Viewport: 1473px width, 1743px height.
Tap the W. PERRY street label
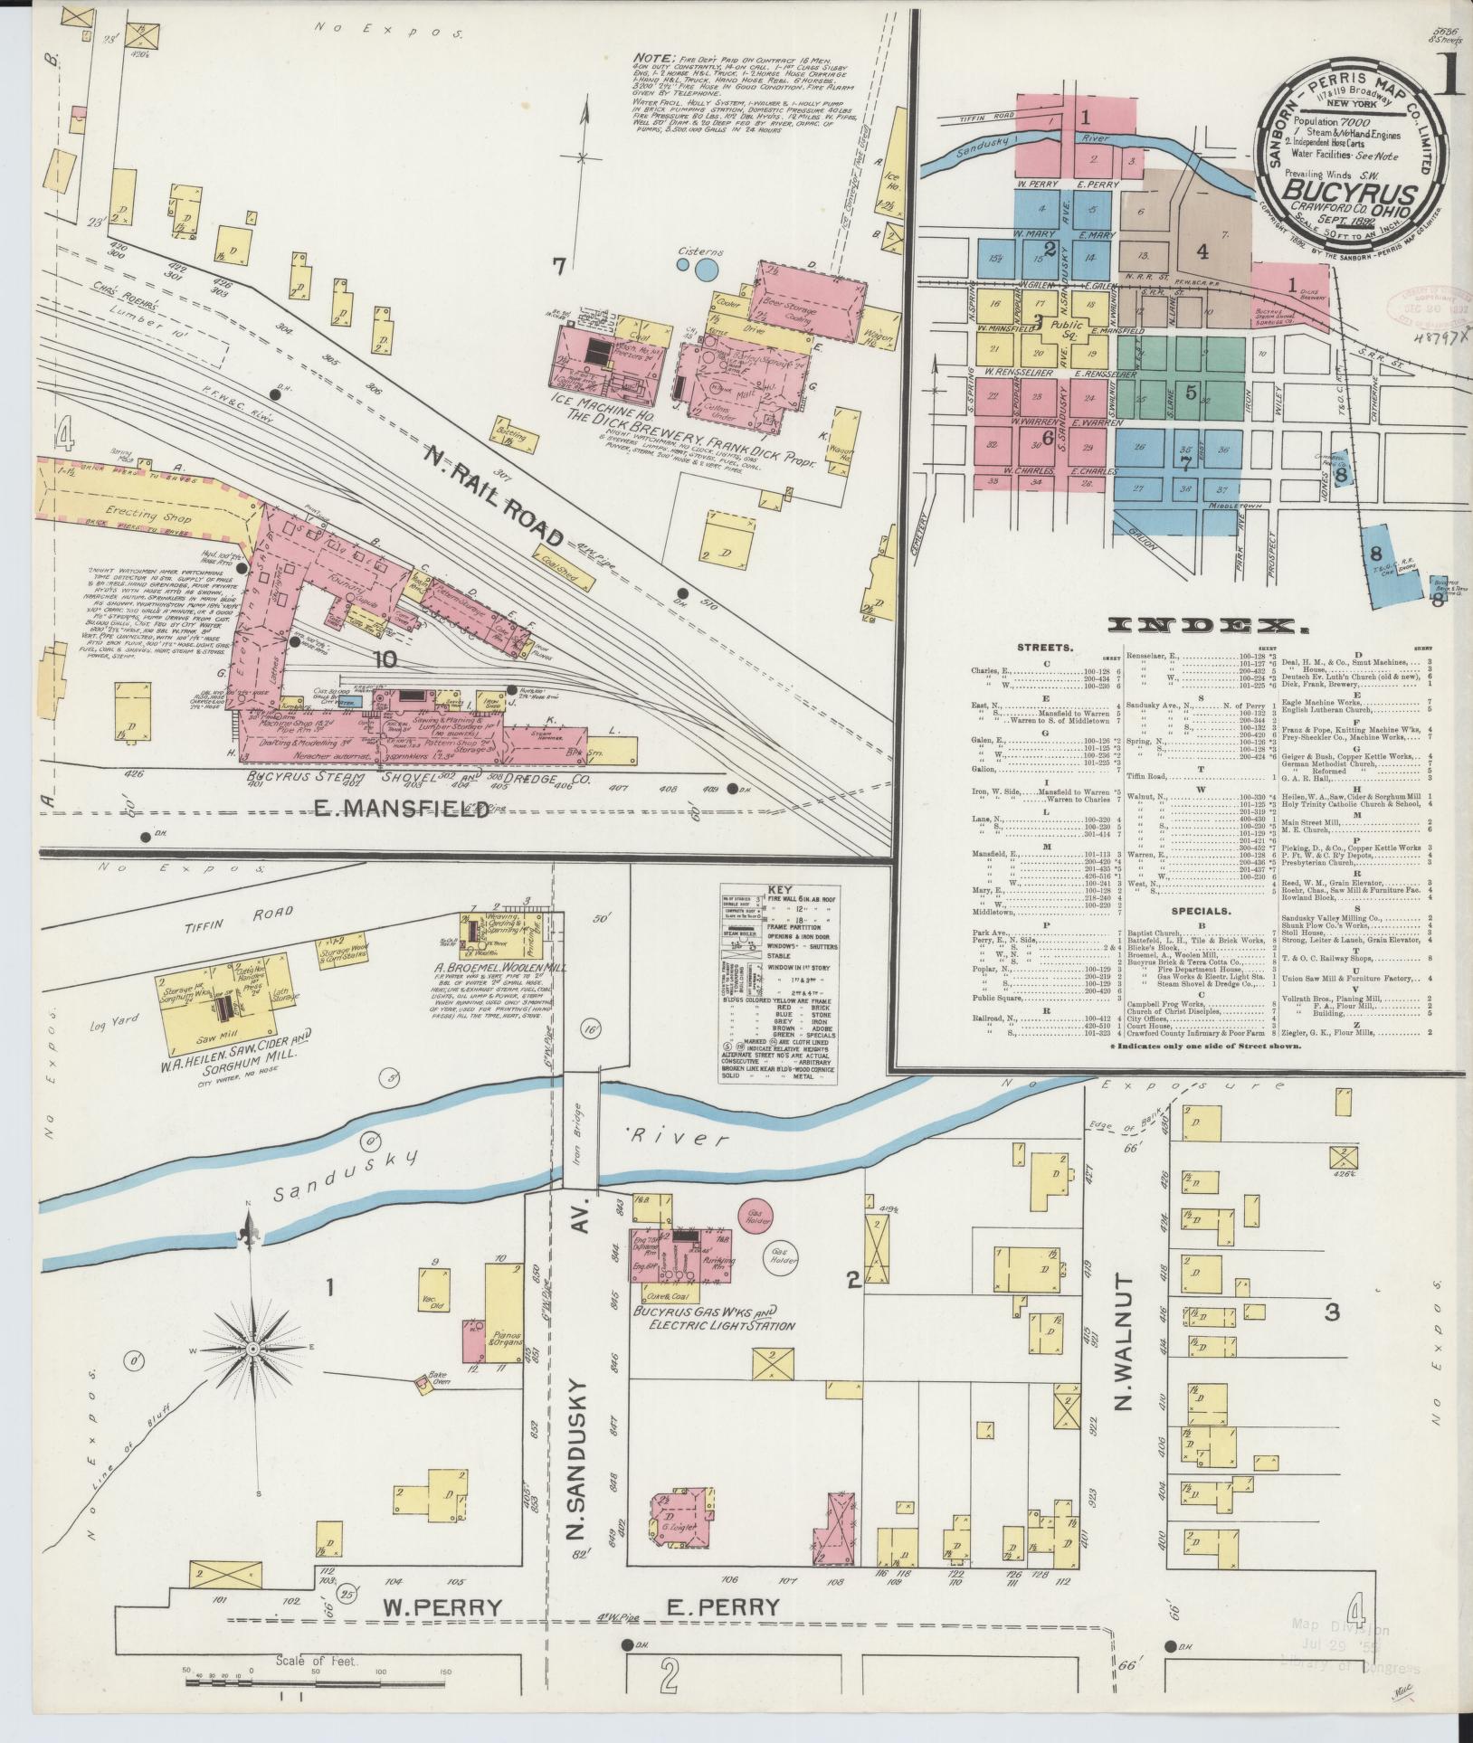442,1607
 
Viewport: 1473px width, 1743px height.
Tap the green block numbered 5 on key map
1190,392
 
